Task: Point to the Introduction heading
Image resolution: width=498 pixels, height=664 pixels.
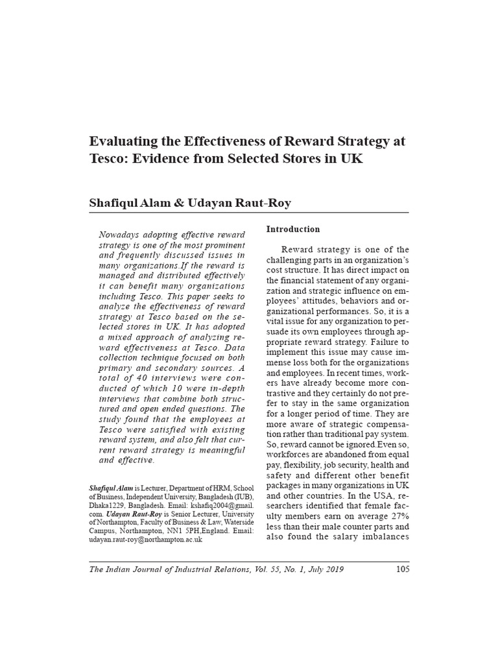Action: [293, 230]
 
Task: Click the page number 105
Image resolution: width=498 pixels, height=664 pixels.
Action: [402, 570]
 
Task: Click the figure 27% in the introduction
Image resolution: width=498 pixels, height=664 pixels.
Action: [396, 516]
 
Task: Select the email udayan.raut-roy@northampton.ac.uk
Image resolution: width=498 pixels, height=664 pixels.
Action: [145, 539]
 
